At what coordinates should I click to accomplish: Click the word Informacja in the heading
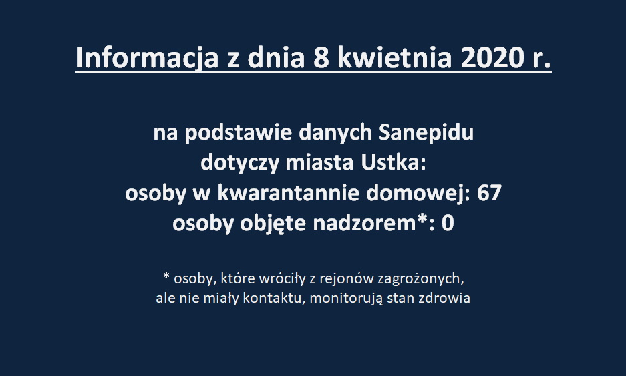pos(148,59)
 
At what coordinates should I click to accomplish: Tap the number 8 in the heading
pos(321,58)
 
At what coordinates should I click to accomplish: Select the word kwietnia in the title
pos(394,58)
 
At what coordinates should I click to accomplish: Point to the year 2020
pos(492,58)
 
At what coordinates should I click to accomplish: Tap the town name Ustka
pos(391,162)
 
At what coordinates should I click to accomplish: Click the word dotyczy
pos(240,163)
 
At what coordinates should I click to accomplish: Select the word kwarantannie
pos(288,193)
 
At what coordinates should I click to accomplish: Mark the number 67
pos(489,193)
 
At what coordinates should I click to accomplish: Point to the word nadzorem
pos(365,223)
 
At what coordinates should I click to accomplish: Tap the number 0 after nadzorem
pos(448,224)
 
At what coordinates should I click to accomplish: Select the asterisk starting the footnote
pos(166,276)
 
